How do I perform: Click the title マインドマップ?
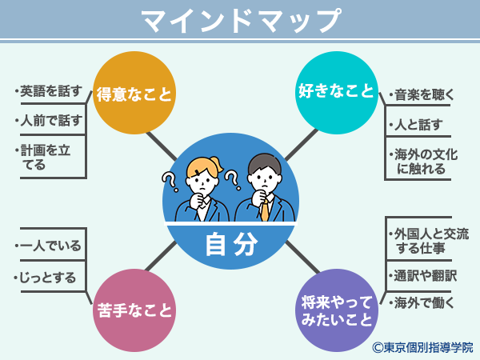241,20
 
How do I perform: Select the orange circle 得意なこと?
134,93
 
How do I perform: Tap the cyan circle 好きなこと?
337,93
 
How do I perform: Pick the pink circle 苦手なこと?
134,310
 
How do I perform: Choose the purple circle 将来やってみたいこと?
337,310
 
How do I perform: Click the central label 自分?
231,244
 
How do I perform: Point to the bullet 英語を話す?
48,91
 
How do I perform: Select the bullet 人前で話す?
48,120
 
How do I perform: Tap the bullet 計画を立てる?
43,158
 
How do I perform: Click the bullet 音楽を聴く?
422,94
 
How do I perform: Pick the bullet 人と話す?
416,125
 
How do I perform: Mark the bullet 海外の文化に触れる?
424,162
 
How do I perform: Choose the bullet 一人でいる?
48,246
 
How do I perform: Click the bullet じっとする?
45,278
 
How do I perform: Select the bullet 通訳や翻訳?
422,276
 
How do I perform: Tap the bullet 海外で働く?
422,303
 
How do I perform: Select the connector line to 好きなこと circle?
302,145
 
